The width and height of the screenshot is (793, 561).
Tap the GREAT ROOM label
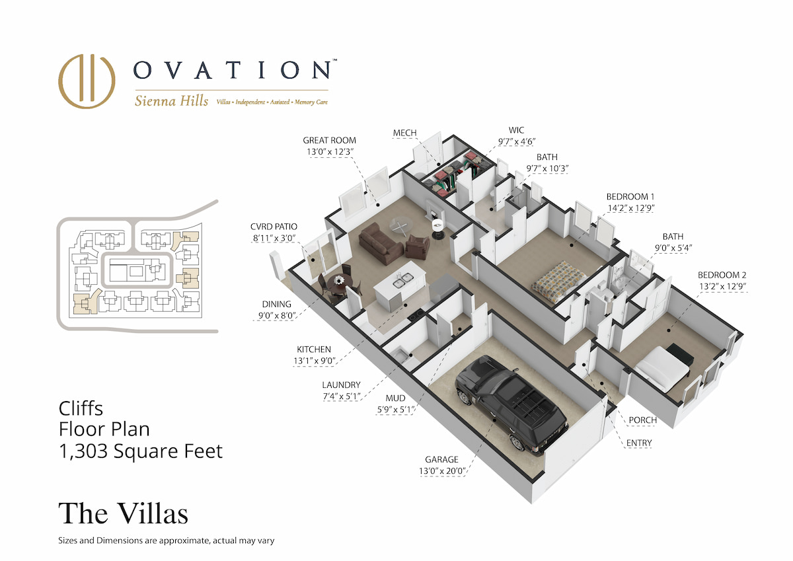[329, 140]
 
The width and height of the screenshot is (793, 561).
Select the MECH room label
[404, 133]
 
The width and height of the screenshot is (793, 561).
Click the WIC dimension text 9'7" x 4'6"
[517, 141]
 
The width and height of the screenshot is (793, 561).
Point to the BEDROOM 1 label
[630, 196]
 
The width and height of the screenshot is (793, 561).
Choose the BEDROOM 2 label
[722, 275]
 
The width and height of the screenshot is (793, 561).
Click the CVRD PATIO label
[274, 227]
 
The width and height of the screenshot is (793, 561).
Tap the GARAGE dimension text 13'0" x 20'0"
[441, 471]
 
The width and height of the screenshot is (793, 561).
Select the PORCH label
[642, 420]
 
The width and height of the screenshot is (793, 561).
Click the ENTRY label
[639, 443]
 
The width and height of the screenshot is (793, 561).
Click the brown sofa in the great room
[381, 243]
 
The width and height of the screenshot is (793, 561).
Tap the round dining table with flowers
[340, 283]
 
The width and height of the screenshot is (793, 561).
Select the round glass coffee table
[401, 225]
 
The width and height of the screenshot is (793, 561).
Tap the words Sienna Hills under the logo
[171, 101]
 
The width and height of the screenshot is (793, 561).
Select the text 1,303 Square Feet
[141, 451]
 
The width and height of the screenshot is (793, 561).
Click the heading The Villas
[123, 513]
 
